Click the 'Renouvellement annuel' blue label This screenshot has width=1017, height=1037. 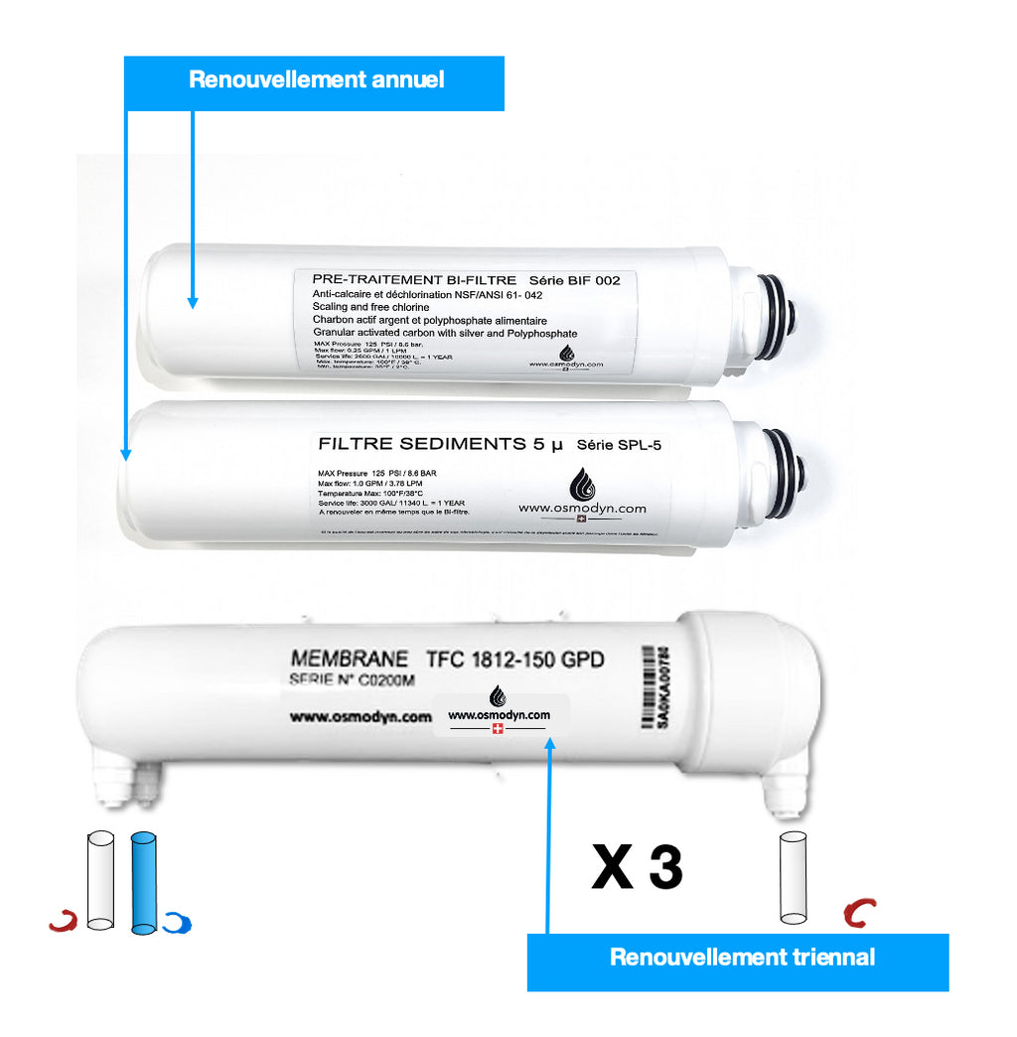(315, 81)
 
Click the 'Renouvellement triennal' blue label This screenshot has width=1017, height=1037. (741, 958)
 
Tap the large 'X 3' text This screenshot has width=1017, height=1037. (637, 867)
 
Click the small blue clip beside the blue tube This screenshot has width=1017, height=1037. (178, 923)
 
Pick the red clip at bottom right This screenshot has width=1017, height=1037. (859, 912)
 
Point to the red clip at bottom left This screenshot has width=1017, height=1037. (64, 922)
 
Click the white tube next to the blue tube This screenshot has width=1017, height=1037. (100, 880)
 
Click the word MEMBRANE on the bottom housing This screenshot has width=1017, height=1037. (349, 659)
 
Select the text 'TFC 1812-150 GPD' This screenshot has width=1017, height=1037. (514, 659)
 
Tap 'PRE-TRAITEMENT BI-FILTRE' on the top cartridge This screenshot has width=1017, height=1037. (414, 280)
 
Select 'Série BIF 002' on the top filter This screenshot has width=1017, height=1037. (575, 280)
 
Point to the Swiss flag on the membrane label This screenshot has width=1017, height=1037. (498, 729)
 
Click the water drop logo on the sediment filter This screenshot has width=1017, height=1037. (581, 486)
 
